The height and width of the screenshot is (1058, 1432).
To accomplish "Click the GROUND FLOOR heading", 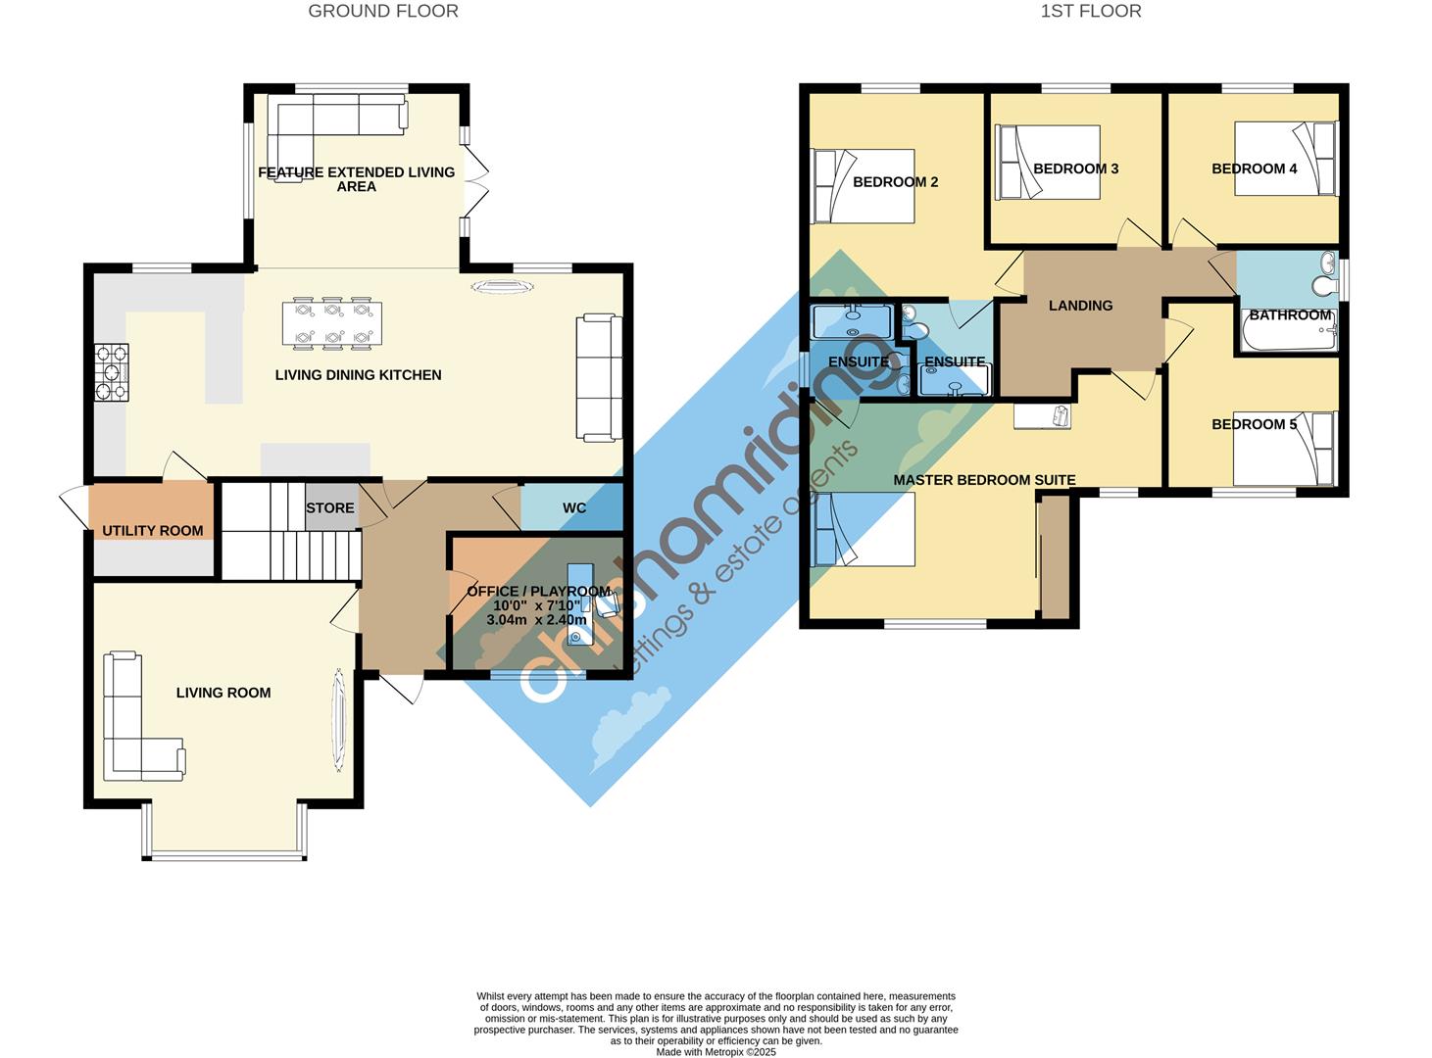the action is click(x=383, y=11).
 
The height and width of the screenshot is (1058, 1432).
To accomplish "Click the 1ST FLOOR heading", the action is click(x=1091, y=11).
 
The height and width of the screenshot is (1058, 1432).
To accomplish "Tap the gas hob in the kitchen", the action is click(x=112, y=372).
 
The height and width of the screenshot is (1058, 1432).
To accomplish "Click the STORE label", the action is click(x=330, y=508).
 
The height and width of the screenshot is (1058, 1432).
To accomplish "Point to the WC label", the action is click(x=574, y=508).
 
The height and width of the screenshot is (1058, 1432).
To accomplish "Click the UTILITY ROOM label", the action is click(x=152, y=531).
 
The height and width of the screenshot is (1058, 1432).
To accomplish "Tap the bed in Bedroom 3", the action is click(x=1048, y=162).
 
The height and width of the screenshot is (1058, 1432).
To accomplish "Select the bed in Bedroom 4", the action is click(x=1285, y=158).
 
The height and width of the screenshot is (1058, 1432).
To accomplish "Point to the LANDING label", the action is click(x=1080, y=306).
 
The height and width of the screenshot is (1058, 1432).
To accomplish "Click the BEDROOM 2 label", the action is click(x=895, y=182).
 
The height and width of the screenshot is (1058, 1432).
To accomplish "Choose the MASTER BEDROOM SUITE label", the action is click(x=984, y=480).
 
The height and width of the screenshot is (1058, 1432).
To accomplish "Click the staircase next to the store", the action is click(x=290, y=532).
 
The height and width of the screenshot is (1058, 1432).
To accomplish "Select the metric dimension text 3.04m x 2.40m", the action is click(x=536, y=620).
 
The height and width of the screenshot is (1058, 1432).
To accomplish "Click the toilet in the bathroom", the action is click(x=1323, y=284).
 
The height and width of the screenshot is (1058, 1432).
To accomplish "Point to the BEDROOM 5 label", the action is click(x=1254, y=424).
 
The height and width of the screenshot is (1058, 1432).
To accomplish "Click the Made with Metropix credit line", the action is click(x=716, y=1052).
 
